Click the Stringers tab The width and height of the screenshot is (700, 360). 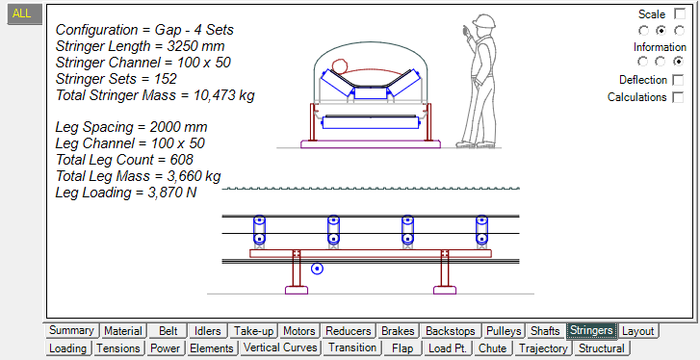(x=591, y=330)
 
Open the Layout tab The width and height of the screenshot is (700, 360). (x=637, y=331)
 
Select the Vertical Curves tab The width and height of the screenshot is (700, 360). (x=280, y=347)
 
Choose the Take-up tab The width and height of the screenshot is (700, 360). (x=253, y=331)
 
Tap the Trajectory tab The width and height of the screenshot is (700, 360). (x=544, y=347)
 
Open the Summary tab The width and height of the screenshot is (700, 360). (x=71, y=330)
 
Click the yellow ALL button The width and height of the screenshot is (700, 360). (x=22, y=13)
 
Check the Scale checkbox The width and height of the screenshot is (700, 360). (x=680, y=13)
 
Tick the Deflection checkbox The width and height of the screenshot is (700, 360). (x=678, y=80)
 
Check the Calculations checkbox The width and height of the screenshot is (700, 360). (x=678, y=97)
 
